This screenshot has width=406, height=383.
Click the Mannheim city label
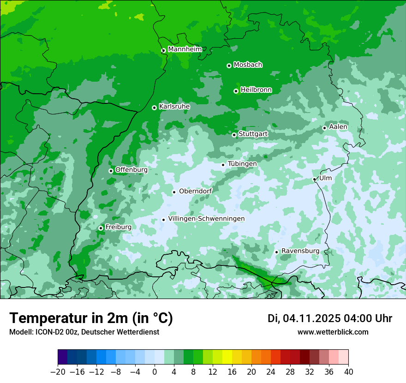click(x=185, y=49)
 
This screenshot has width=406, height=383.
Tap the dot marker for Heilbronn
click(x=236, y=91)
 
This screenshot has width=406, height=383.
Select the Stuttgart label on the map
click(x=253, y=134)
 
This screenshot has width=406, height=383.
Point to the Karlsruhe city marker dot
click(x=154, y=108)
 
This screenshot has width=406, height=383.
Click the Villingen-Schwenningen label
click(x=206, y=219)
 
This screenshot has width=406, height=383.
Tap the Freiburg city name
click(x=118, y=227)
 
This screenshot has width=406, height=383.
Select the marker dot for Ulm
click(x=314, y=179)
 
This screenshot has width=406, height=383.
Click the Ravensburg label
click(x=300, y=251)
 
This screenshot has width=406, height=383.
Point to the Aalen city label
click(x=338, y=127)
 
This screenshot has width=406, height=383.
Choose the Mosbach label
click(x=248, y=65)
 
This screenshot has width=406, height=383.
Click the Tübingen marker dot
click(x=223, y=165)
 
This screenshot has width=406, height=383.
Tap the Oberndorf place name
click(x=195, y=191)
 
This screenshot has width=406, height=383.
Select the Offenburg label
click(x=131, y=170)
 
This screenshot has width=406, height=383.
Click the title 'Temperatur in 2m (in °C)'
click(x=91, y=318)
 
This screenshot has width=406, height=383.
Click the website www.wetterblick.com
click(x=333, y=332)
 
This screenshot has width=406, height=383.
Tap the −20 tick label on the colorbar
click(x=58, y=372)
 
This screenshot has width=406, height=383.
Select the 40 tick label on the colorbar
click(x=348, y=372)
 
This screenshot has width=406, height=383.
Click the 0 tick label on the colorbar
click(x=155, y=372)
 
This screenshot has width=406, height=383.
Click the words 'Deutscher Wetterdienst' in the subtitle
click(x=120, y=332)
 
